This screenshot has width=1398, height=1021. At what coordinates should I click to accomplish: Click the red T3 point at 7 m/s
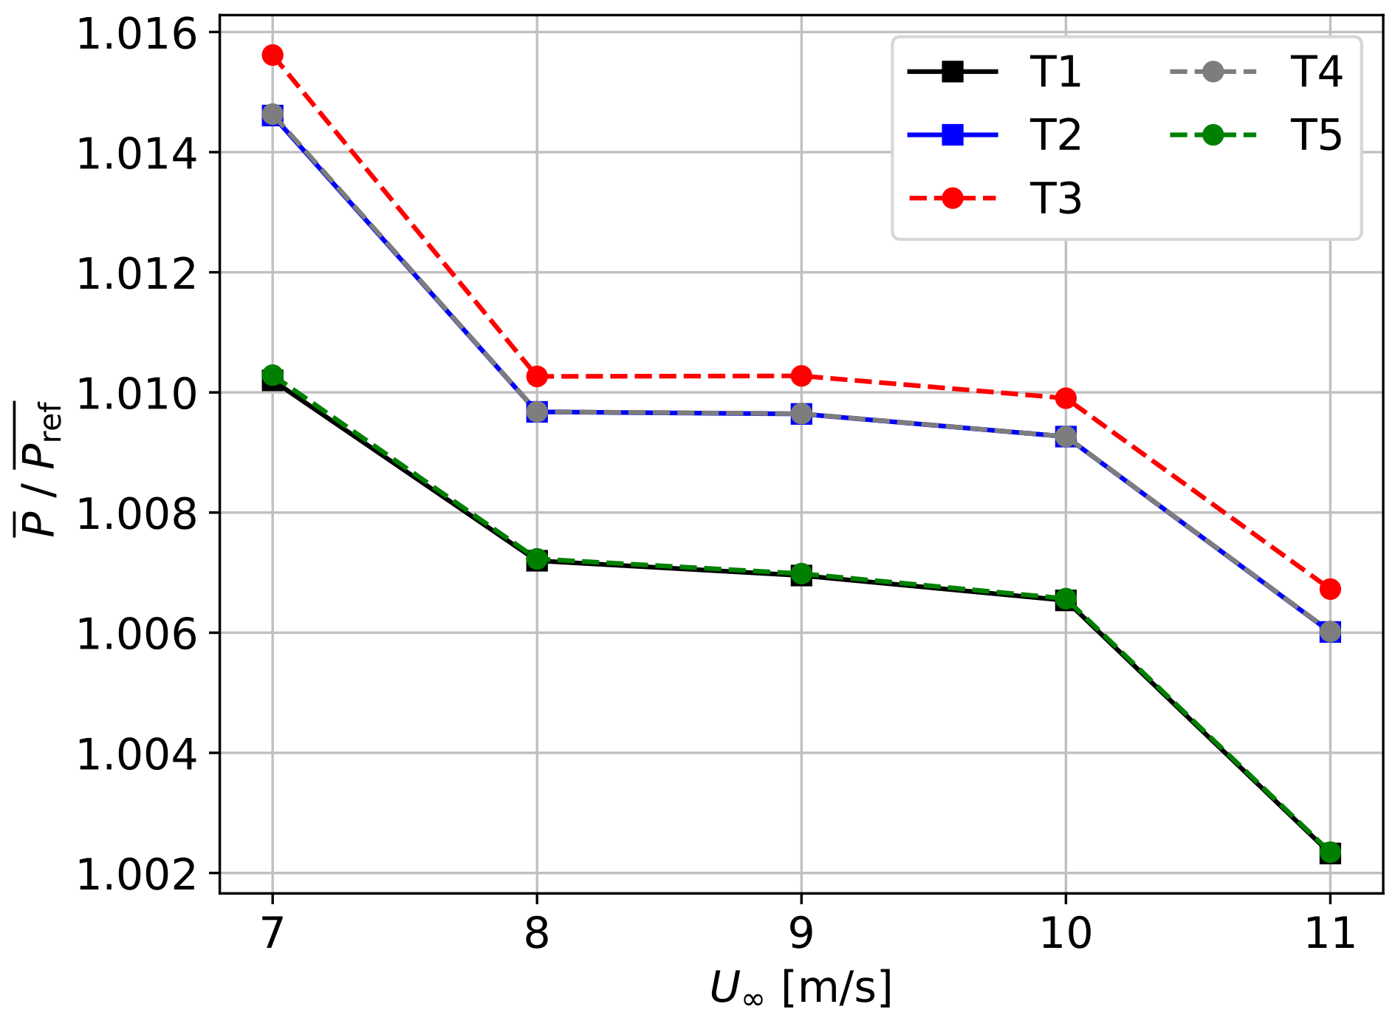[273, 55]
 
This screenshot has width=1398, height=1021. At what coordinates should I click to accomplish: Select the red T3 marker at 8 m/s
[537, 377]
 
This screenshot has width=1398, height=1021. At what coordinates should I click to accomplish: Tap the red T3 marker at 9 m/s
[801, 376]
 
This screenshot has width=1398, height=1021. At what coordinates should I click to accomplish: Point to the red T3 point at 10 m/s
[1066, 398]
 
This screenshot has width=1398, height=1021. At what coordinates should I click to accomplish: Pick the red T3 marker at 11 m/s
[1330, 589]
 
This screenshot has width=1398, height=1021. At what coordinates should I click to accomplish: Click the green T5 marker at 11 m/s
[1330, 853]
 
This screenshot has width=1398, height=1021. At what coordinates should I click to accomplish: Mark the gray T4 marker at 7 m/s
[273, 115]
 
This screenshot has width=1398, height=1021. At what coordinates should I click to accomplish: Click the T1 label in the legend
[1055, 72]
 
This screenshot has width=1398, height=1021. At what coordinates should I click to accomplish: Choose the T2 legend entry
[1055, 135]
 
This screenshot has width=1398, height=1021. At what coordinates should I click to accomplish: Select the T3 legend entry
[1055, 199]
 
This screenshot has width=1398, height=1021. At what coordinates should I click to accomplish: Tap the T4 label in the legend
[1316, 72]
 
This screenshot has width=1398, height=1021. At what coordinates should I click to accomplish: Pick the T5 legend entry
[1316, 135]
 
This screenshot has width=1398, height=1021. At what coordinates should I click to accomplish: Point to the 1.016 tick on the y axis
[137, 34]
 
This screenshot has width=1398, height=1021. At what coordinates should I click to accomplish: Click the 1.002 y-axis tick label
[137, 875]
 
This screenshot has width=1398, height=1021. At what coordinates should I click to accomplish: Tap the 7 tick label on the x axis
[273, 934]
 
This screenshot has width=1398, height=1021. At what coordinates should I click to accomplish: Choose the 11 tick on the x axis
[1330, 934]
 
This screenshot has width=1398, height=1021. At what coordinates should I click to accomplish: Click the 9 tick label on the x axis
[801, 934]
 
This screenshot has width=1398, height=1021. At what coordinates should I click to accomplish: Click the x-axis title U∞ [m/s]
[801, 988]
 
